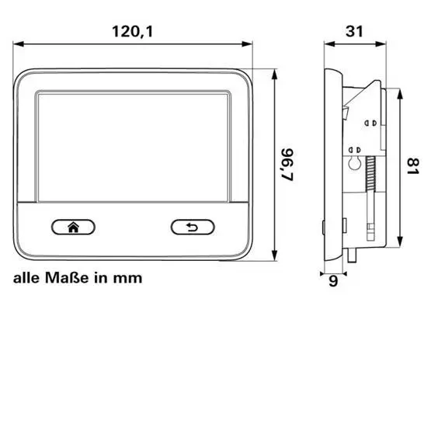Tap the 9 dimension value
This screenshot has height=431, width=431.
pos(334,283)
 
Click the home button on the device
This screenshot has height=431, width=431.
pos(73,227)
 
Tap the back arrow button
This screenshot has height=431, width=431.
pos(193,227)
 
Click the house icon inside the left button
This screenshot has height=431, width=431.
pos(73,227)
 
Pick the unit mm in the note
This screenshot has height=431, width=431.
pos(130,277)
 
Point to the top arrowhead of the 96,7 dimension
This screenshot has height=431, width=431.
pos(276,71)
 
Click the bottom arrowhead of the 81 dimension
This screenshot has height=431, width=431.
pos(398,242)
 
